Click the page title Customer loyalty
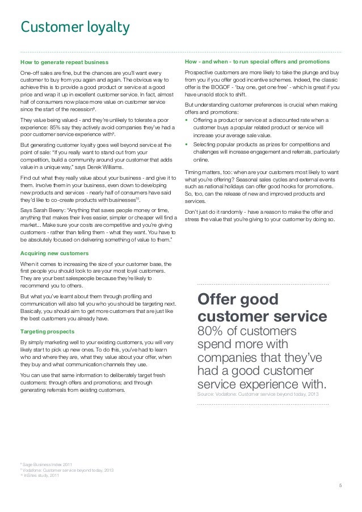(x=75, y=27)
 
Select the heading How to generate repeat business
(x=64, y=61)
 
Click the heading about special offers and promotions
(x=258, y=61)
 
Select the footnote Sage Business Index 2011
(x=45, y=464)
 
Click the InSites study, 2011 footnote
(x=41, y=475)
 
